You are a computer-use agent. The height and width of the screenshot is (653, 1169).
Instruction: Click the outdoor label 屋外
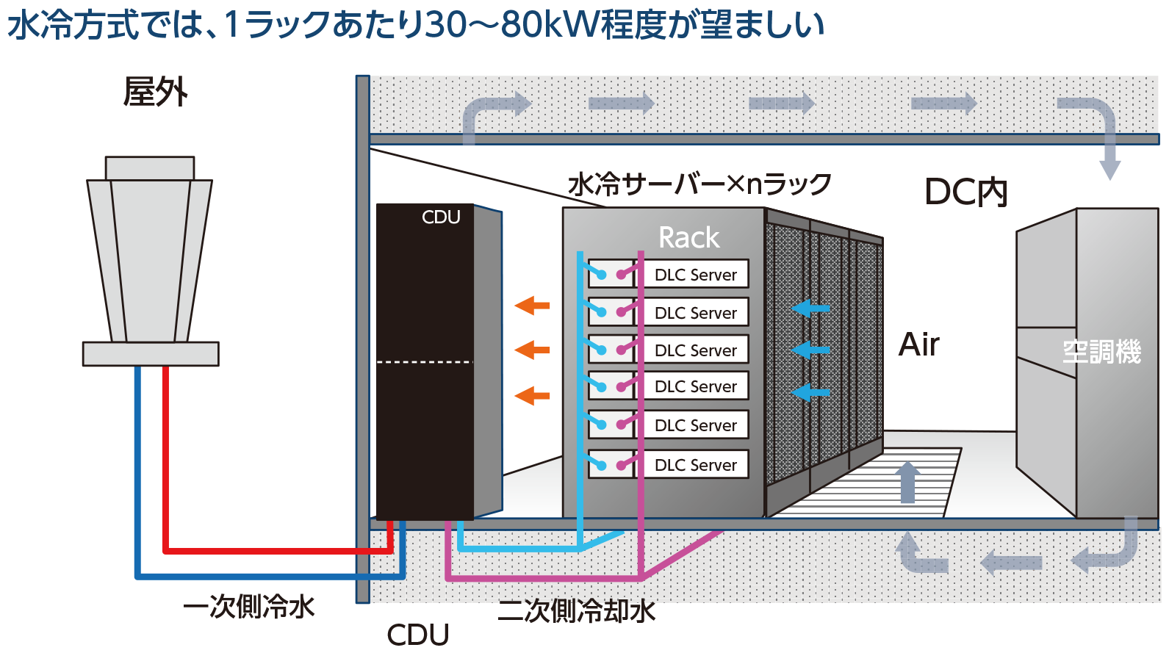[x=155, y=93]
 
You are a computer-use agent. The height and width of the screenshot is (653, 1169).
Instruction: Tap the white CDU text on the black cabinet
[x=440, y=217]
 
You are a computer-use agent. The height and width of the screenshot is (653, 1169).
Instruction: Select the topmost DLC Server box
[x=695, y=274]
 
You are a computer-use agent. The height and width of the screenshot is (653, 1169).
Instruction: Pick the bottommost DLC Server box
[x=695, y=464]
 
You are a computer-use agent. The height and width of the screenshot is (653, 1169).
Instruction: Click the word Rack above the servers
[x=688, y=237]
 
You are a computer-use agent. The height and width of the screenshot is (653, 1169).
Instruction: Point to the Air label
[x=918, y=344]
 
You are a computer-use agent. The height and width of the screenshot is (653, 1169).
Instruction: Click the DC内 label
[x=965, y=192]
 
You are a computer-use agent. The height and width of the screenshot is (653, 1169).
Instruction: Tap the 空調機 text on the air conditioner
[x=1101, y=352]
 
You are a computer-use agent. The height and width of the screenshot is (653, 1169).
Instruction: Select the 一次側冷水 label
[x=248, y=607]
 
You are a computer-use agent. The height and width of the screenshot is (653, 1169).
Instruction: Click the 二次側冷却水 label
[x=576, y=610]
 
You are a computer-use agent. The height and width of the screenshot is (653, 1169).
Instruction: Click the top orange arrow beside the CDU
[x=532, y=305]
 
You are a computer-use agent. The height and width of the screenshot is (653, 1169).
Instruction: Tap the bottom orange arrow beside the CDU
[x=532, y=396]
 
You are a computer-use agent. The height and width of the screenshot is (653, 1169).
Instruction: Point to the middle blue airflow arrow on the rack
[x=811, y=350]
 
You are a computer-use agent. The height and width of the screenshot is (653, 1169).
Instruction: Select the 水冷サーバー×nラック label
[x=699, y=184]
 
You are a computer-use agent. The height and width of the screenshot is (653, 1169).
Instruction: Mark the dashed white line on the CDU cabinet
[x=424, y=362]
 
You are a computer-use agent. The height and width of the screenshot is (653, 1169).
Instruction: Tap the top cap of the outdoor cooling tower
[x=150, y=168]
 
